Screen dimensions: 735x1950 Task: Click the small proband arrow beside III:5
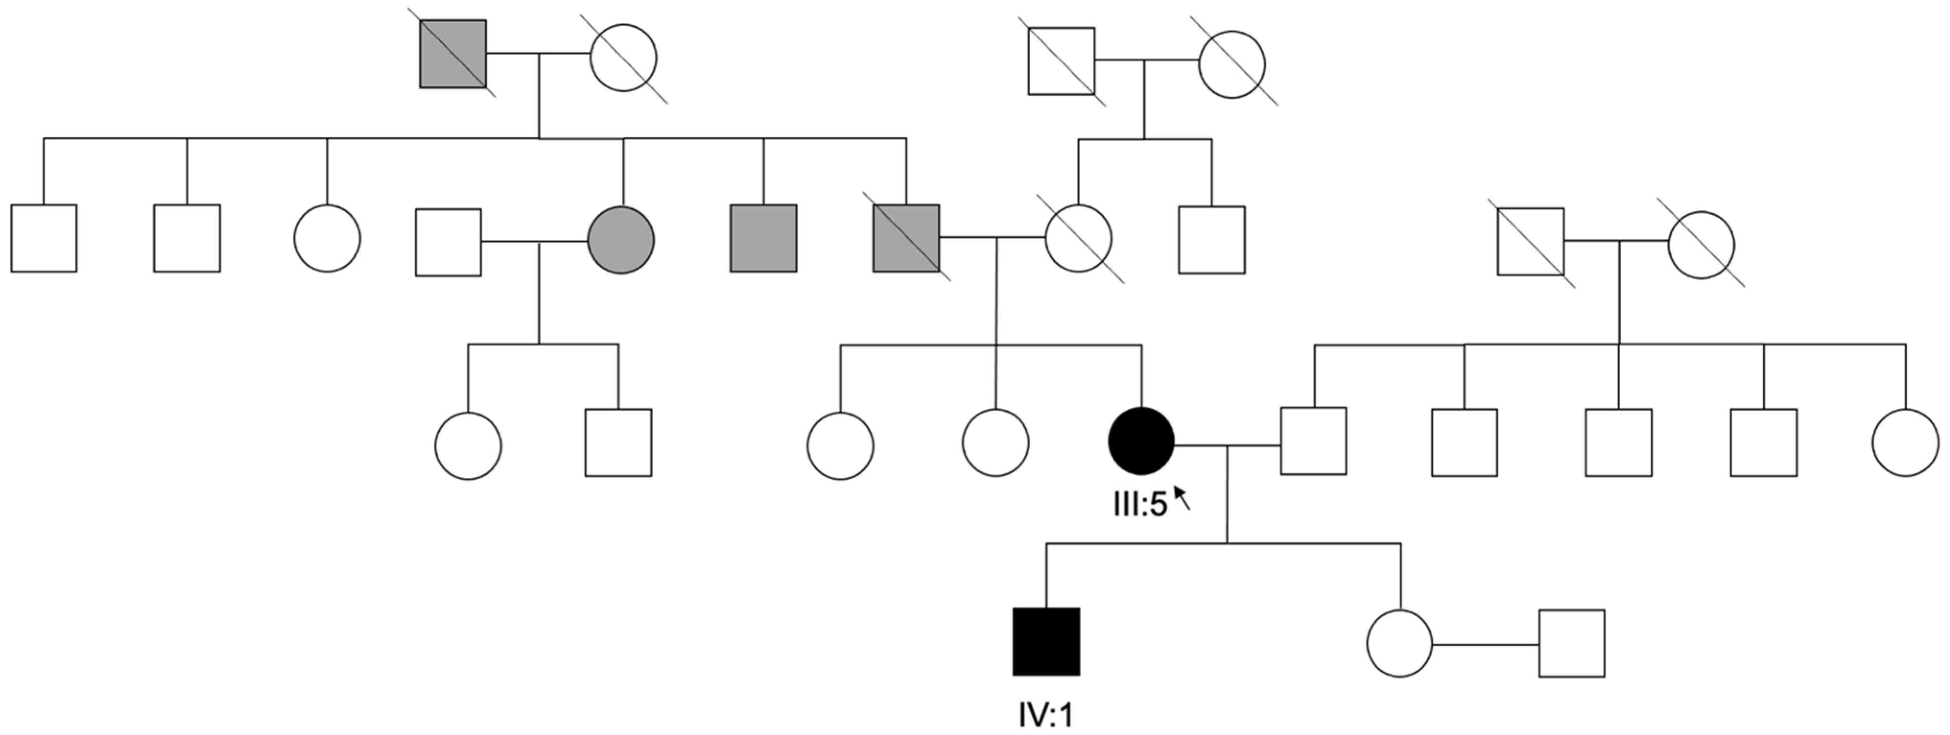pos(1182,498)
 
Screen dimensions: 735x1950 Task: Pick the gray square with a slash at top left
pos(453,54)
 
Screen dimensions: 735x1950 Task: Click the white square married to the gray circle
pos(448,242)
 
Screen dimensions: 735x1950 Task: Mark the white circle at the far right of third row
pos(1905,443)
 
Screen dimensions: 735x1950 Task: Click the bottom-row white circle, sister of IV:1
pos(1399,643)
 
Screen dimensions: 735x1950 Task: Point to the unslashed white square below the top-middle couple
pos(1211,239)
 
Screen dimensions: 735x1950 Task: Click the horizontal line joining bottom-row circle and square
pos(1485,645)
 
